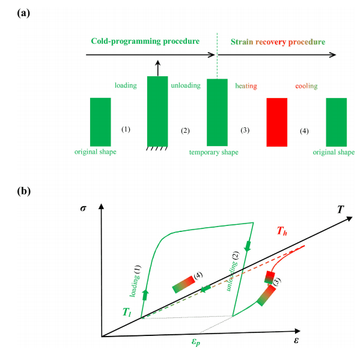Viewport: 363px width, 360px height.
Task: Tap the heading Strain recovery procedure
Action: (278, 42)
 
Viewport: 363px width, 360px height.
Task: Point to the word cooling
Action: (307, 86)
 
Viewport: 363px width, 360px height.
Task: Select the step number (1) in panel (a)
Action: (126, 129)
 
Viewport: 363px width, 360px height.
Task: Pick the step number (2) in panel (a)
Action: (185, 130)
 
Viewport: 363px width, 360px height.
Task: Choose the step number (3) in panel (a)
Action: (245, 130)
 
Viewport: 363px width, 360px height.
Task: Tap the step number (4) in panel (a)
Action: (305, 130)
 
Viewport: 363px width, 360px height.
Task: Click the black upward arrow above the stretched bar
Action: (157, 67)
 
